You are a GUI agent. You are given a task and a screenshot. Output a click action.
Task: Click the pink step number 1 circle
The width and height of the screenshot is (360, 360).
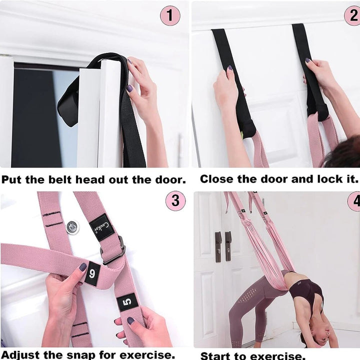[170, 15]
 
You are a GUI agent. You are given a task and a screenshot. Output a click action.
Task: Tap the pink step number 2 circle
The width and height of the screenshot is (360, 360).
[352, 15]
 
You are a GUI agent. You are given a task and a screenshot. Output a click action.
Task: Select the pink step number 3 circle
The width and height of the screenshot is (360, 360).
[175, 201]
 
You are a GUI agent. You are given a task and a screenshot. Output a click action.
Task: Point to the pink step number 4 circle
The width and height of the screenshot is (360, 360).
[354, 201]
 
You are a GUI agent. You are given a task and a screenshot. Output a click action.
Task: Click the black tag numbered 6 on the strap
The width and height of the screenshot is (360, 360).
[92, 274]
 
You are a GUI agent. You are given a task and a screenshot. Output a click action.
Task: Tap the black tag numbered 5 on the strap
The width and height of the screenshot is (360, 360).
[127, 302]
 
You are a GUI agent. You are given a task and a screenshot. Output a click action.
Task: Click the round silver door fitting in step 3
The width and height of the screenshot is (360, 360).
[72, 227]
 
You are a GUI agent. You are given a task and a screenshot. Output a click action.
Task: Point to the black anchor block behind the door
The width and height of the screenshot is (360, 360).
[68, 107]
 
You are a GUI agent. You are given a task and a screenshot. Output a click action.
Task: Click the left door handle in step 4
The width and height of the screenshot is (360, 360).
[218, 246]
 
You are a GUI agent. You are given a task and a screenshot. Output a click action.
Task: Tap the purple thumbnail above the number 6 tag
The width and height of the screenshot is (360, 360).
[82, 267]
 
